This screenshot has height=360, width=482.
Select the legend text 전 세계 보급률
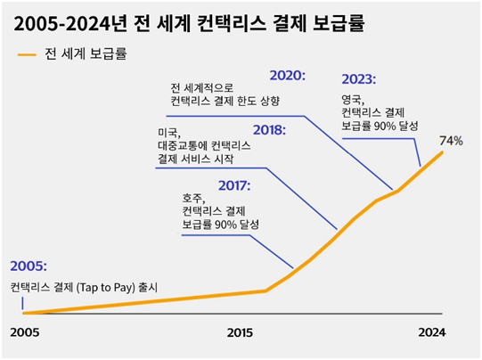click(x=86, y=53)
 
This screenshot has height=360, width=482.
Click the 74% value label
click(x=451, y=142)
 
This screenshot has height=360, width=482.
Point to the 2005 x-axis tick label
click(x=25, y=332)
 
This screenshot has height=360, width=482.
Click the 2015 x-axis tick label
click(x=241, y=332)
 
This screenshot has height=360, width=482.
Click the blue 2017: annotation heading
click(x=233, y=185)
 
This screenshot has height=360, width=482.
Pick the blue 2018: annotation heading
click(x=269, y=130)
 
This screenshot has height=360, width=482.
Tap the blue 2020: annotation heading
click(x=286, y=76)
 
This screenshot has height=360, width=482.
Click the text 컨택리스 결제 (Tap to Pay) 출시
click(x=83, y=287)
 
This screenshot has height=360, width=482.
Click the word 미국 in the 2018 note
click(x=167, y=131)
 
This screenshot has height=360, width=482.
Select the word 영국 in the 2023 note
click(x=353, y=99)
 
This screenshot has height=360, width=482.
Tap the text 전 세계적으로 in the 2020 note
click(x=201, y=88)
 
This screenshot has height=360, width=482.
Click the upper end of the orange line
click(x=442, y=152)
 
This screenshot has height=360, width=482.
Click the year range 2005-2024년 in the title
click(x=71, y=20)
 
